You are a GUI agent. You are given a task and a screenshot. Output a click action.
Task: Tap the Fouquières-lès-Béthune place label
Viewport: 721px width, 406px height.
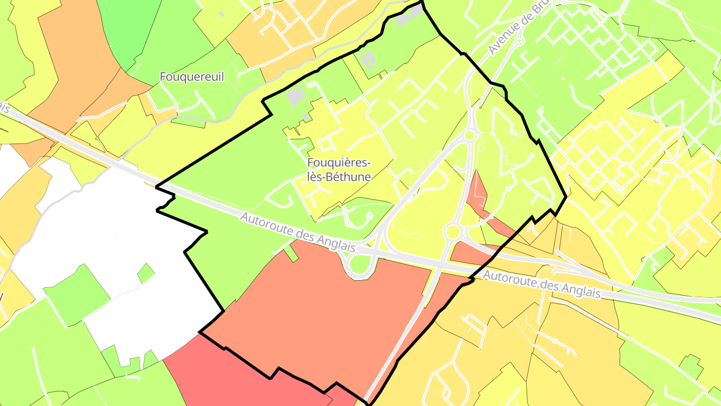(339, 169)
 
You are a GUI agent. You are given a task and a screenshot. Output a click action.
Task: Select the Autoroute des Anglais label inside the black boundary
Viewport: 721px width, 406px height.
(297, 233)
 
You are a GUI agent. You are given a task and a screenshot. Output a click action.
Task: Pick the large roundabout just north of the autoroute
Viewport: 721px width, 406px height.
(452, 232)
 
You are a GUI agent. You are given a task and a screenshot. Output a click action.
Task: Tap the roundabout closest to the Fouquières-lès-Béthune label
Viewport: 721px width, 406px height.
(469, 135)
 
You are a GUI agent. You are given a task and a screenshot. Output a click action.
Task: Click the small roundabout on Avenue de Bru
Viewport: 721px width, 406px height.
(519, 40)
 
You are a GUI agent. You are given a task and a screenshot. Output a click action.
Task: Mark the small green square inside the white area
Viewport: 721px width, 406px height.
(146, 273)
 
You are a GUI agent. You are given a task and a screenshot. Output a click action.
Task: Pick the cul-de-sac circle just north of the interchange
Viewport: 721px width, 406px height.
(370, 216)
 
